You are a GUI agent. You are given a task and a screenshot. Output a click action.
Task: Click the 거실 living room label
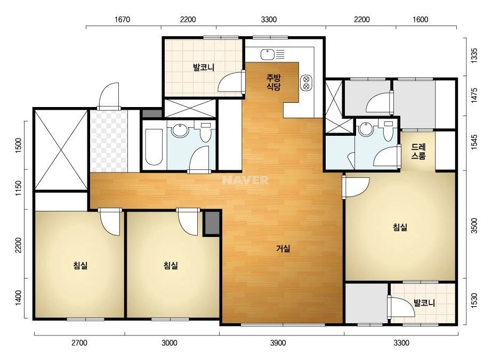tap(283, 249)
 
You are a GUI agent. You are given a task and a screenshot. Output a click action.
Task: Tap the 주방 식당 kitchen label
tap(273, 82)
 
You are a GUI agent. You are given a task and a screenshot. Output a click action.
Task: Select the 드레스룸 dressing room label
tap(418, 151)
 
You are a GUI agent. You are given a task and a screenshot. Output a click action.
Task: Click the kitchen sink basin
tap(268, 54)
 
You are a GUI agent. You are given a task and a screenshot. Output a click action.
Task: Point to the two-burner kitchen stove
tap(307, 83)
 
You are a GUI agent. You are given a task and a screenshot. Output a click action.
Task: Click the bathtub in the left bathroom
tap(154, 146)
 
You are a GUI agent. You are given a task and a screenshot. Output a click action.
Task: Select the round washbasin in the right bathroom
tap(366, 129)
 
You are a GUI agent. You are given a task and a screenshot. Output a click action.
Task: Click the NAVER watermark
tap(245, 180)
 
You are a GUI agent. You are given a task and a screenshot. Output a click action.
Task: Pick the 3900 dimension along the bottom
tap(278, 343)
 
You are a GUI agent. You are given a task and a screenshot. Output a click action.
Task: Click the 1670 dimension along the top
tap(122, 20)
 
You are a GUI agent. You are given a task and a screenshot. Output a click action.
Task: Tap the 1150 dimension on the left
tap(19, 189)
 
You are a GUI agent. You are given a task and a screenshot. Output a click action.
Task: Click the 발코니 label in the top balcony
tap(203, 67)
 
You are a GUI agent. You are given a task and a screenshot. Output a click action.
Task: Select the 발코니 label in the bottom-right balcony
tap(424, 303)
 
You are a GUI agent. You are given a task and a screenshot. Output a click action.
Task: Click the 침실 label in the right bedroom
tap(400, 227)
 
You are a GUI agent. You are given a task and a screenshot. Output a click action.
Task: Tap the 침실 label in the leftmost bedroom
tap(80, 265)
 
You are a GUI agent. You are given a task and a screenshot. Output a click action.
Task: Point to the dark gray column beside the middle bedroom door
tap(212, 223)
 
